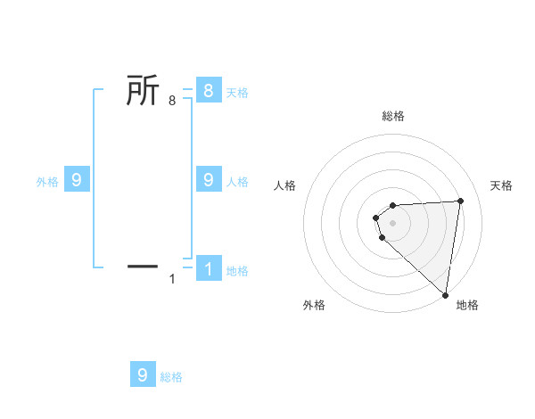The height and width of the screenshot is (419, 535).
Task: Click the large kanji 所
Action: [144, 91]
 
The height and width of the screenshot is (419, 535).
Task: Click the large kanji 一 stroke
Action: [144, 265]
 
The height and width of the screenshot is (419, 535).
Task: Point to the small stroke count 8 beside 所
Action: [172, 102]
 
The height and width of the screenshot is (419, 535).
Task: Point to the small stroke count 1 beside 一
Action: [172, 280]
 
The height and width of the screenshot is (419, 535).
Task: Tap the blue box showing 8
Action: [208, 90]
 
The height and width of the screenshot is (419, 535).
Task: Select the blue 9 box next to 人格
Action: [208, 180]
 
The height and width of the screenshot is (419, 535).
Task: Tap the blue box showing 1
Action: [208, 268]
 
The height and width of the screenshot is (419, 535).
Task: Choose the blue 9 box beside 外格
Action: [77, 180]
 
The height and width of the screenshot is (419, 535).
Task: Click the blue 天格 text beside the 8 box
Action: [237, 92]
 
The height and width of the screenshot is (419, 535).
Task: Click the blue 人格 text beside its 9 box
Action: [237, 182]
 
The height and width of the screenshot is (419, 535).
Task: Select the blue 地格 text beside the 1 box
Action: [237, 271]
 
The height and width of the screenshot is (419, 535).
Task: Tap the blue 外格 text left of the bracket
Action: [47, 182]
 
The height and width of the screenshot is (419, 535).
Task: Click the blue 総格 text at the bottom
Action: [171, 377]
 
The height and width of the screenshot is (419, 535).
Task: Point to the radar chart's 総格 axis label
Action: [393, 116]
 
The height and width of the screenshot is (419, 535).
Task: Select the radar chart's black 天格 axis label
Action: [502, 185]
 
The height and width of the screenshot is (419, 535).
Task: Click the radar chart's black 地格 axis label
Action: [467, 305]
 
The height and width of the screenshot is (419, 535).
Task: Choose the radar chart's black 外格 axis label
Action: [314, 305]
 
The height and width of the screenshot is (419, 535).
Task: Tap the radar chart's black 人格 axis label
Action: [285, 185]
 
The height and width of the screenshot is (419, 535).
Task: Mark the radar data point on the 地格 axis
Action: [445, 294]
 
